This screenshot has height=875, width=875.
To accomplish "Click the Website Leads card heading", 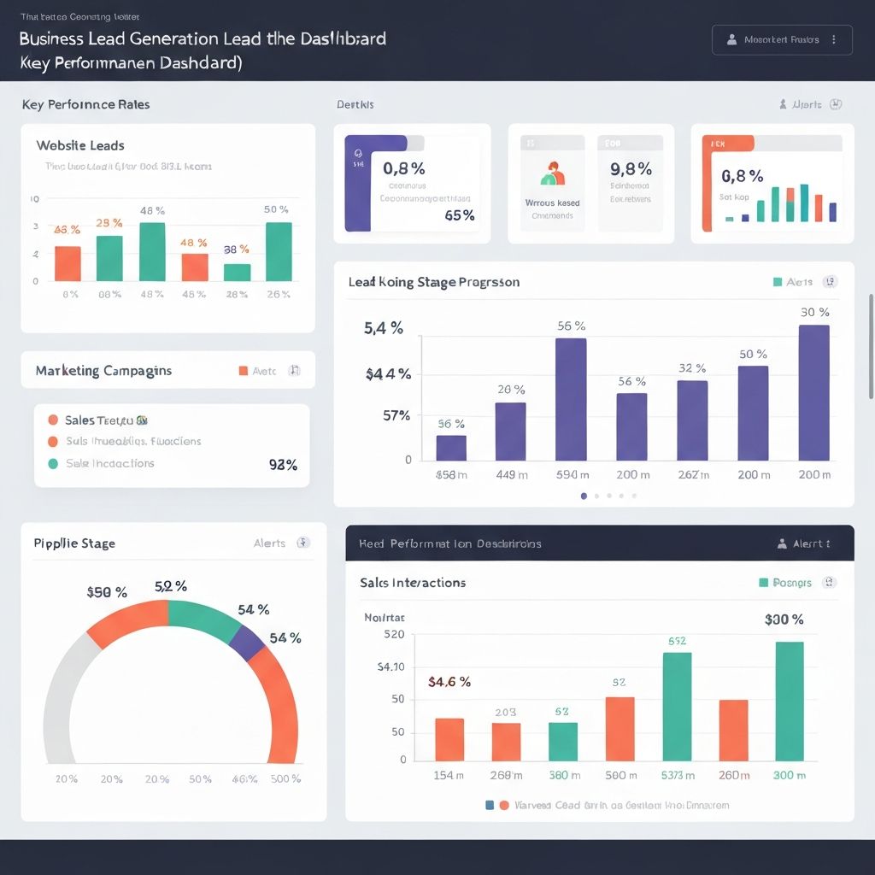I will tap(80, 146).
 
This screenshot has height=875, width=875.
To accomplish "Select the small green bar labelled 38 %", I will tap(237, 272).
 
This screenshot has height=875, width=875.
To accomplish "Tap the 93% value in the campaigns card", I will tap(283, 465).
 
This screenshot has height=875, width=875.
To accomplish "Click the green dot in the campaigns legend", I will tap(53, 463).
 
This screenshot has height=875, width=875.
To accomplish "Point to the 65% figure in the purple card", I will tap(460, 215).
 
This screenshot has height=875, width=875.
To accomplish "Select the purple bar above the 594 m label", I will tap(571, 399).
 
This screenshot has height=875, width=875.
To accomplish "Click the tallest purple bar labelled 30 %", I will tap(813, 392).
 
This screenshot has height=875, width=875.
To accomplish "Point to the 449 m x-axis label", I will tap(511, 475).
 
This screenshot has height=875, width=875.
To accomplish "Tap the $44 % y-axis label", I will tap(388, 373).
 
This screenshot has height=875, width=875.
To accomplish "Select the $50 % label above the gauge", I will tap(107, 592).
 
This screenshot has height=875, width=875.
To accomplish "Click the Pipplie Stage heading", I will tap(74, 543).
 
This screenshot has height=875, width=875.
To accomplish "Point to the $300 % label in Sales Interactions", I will tap(784, 620).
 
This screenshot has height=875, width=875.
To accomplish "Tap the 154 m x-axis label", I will tap(449, 775).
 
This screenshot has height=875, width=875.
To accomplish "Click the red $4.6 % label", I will tap(449, 682).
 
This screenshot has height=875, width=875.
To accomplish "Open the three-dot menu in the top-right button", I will tap(833, 39).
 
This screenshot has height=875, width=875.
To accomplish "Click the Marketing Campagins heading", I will tap(103, 371).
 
